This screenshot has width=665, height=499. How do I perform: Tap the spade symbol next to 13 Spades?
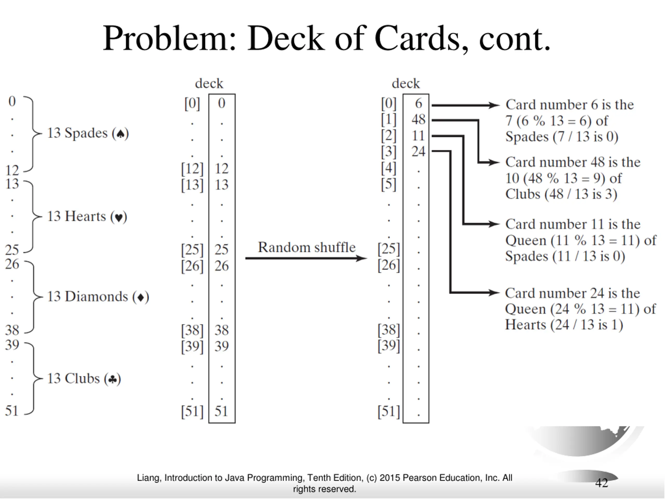[x=120, y=134]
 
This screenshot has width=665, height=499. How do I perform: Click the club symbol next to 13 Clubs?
[x=112, y=379]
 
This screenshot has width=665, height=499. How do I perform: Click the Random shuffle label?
[x=307, y=247]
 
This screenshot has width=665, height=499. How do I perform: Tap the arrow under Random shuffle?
[x=306, y=258]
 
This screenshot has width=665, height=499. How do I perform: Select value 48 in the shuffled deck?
[x=418, y=119]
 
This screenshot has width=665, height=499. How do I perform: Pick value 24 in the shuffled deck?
[x=418, y=151]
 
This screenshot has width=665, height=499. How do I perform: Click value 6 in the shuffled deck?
[x=419, y=103]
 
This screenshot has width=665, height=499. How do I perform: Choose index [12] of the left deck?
[x=192, y=169]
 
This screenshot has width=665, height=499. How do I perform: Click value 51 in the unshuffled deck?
[x=221, y=411]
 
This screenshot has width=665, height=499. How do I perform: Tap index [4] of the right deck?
[x=389, y=168]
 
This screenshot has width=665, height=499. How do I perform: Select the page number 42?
[x=602, y=483]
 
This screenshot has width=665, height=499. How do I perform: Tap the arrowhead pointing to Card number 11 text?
[x=494, y=224]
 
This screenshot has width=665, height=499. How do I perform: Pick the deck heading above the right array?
[x=406, y=83]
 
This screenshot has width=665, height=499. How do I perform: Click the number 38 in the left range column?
[x=12, y=330]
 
